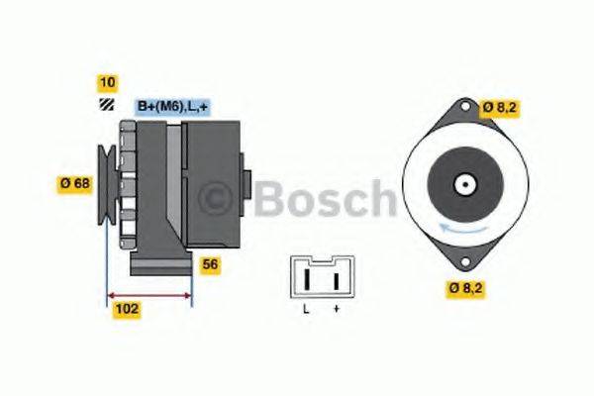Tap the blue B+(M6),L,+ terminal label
point(171,106)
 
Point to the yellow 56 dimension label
point(209,264)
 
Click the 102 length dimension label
point(126,309)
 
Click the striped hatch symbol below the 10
point(106,105)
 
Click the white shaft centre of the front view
point(461,184)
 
